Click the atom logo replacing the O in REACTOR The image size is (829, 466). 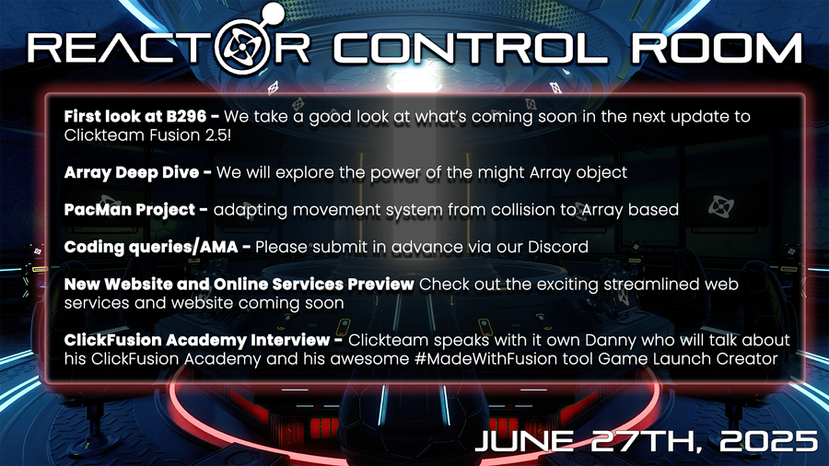point(242,47)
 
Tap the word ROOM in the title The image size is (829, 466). point(717,49)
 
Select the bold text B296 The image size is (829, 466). point(186,116)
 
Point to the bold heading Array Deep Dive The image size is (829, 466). point(132,173)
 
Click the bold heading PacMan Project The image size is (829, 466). point(130,210)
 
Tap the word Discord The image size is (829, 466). point(558,247)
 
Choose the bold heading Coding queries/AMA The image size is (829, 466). point(151,248)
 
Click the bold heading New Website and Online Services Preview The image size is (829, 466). point(239,285)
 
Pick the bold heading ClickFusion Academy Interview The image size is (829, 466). point(197,340)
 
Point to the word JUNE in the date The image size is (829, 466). point(524,440)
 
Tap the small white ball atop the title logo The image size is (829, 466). point(274,12)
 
